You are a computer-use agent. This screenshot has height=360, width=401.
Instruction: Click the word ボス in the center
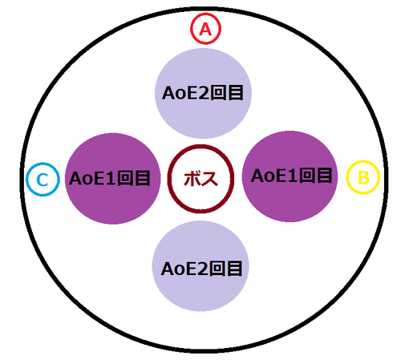[x=200, y=179]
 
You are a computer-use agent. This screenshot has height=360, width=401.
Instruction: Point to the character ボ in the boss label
[x=192, y=179]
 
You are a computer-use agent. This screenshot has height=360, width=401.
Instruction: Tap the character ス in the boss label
[x=209, y=179]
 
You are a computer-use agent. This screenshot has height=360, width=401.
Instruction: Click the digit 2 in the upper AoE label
[x=203, y=93]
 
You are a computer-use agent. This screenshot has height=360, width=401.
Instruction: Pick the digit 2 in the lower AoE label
[x=202, y=269]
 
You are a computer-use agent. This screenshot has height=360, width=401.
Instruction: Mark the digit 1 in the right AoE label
[x=293, y=176]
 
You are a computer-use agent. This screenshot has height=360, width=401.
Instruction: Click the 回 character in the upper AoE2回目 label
[x=217, y=93]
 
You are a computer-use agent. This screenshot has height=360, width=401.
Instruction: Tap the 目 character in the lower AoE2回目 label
[x=234, y=269]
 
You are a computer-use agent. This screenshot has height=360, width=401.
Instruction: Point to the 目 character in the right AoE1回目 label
[x=324, y=176]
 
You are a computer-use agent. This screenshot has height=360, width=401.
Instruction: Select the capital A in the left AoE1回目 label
[x=75, y=178]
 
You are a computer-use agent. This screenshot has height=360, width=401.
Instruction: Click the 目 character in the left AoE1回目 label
[x=143, y=178]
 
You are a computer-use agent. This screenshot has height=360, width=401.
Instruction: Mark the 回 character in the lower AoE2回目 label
[x=217, y=269]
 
